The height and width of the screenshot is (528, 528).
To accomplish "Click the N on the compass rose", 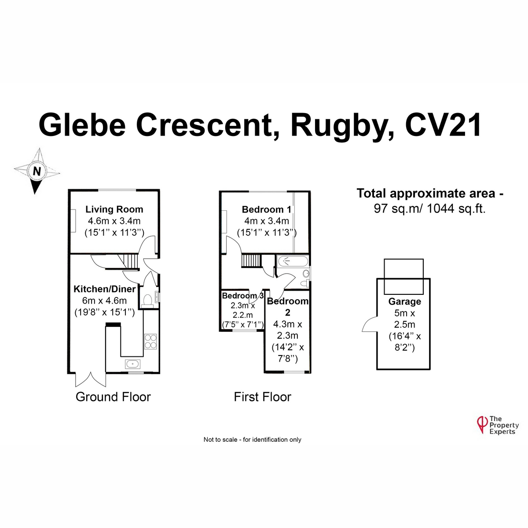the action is tap(37, 171).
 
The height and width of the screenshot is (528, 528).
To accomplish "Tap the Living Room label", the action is tap(114, 209).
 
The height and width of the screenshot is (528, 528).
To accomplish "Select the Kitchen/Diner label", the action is tap(105, 289).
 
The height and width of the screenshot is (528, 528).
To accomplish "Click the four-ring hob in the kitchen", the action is tap(150, 341).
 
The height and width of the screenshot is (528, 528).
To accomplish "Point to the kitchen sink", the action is tap(132, 364).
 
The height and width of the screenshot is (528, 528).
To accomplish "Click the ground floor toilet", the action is tap(147, 301).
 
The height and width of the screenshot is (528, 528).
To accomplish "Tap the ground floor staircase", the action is tap(128, 261).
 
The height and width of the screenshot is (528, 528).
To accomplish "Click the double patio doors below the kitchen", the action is tap(91, 379).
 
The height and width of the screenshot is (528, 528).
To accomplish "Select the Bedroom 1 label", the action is tap(266, 209).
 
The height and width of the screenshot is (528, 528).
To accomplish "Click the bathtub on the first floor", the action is tap(293, 261).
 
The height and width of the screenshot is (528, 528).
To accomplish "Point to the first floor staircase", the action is tap(250, 260).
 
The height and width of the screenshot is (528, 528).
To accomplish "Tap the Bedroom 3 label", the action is tap(243, 296).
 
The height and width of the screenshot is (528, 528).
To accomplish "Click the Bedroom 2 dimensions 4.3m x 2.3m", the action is tap(287, 330).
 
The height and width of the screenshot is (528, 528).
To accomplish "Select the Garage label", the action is tap(404, 301).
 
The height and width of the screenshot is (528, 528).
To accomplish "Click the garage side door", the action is tap(370, 324).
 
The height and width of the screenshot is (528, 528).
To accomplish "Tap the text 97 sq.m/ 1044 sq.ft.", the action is tap(429, 209).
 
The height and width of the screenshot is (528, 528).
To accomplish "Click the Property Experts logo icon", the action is tap(482, 425).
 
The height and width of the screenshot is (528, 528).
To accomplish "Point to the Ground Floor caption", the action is tap(113, 397).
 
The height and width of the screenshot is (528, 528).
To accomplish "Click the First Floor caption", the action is tap(263, 397).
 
